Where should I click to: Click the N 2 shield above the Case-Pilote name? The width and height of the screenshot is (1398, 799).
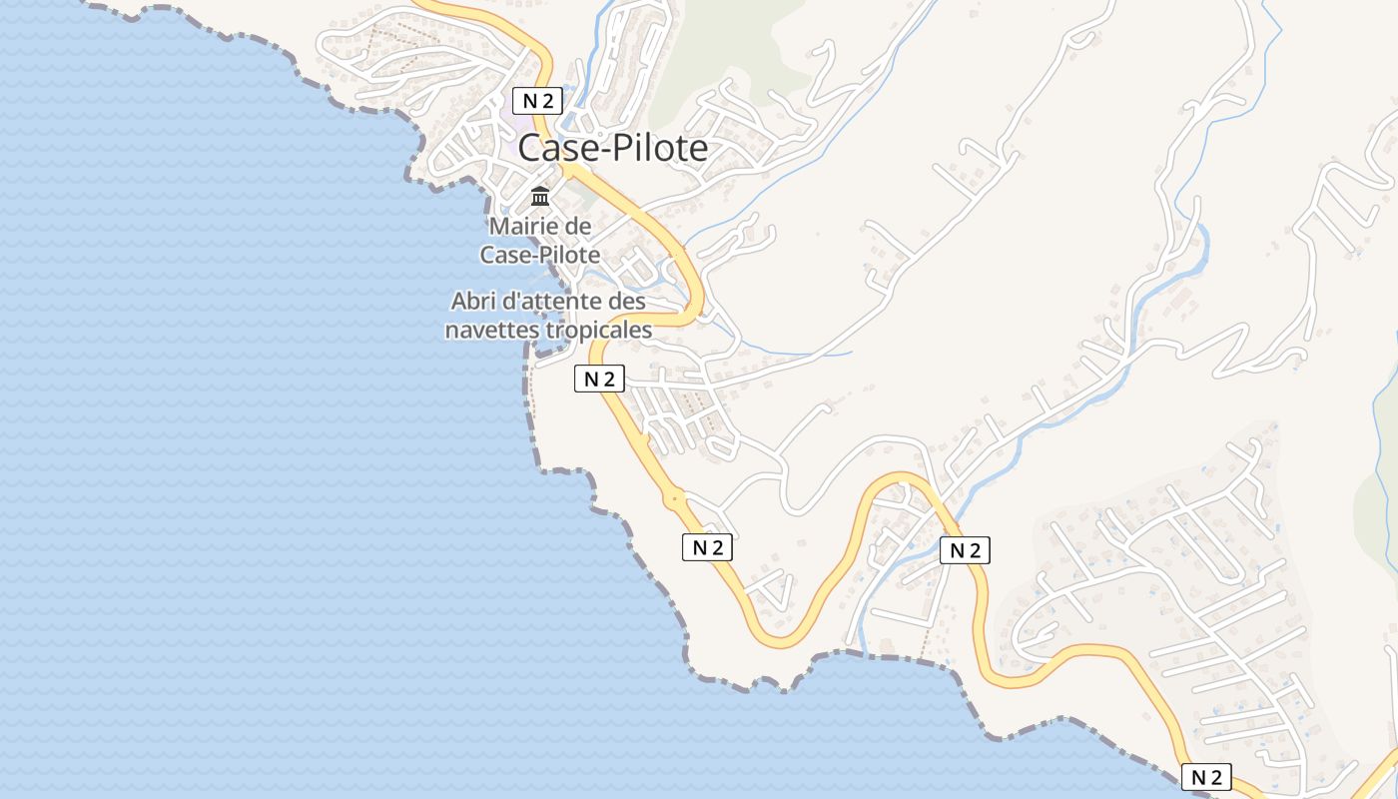(x=538, y=100)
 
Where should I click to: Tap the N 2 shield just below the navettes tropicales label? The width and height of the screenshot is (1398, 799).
(x=599, y=379)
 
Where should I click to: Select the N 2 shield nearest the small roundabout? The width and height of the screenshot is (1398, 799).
(x=707, y=546)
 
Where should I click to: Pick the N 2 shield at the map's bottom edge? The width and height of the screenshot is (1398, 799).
(x=1206, y=777)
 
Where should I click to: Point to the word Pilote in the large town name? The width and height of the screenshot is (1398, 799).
(x=658, y=149)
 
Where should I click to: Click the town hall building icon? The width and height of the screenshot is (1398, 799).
(x=540, y=195)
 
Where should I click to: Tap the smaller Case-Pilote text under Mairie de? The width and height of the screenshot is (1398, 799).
(x=540, y=255)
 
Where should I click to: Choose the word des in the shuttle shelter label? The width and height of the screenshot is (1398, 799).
(x=627, y=301)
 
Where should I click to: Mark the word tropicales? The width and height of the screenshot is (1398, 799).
(x=600, y=330)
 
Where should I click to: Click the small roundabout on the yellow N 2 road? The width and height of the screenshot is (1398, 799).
(x=675, y=496)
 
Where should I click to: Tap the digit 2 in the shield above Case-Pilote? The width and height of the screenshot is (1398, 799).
(x=548, y=100)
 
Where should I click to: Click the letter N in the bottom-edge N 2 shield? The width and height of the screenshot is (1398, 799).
(x=1197, y=777)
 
